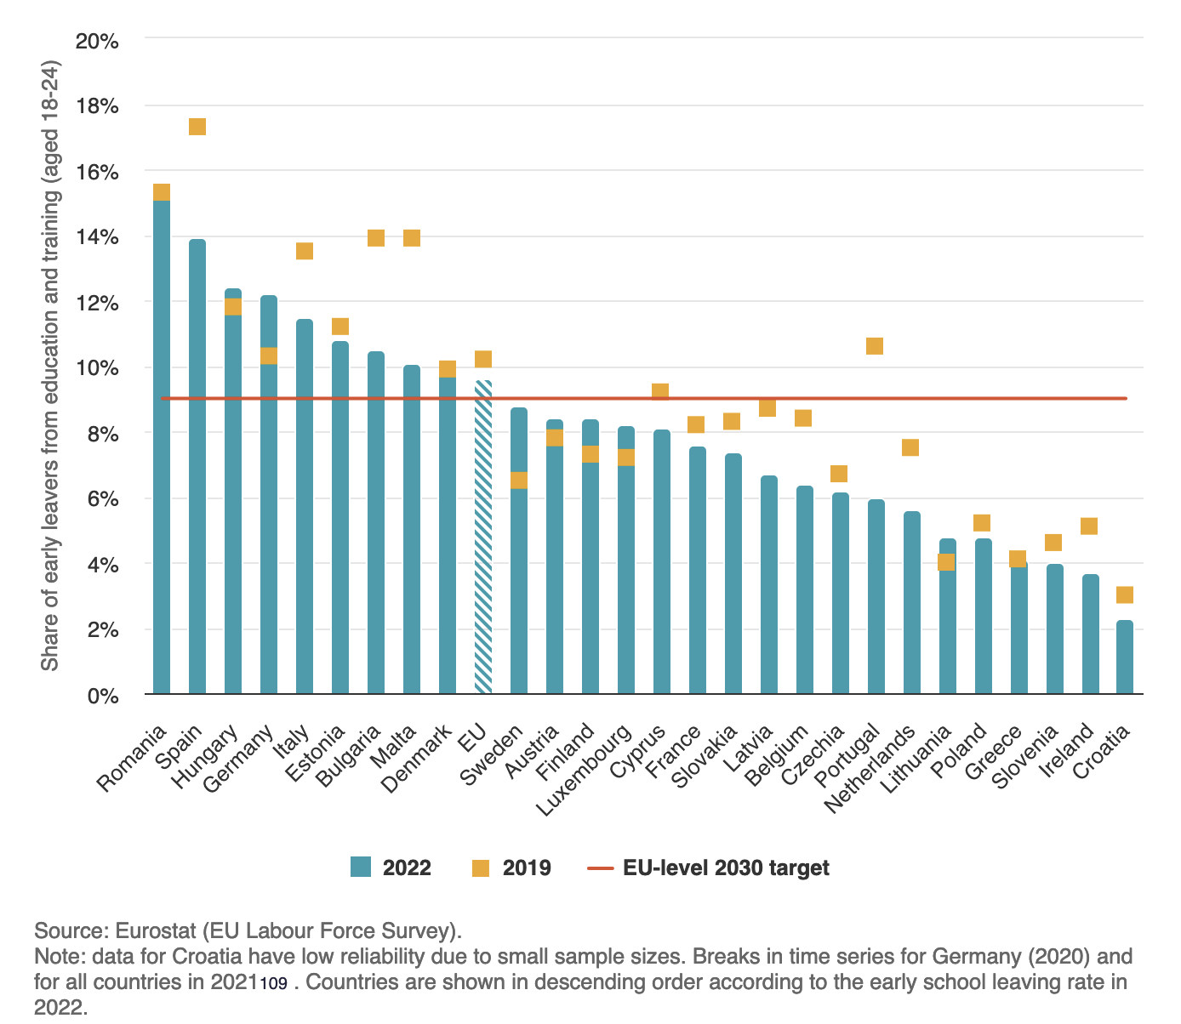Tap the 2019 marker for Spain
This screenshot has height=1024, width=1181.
tap(197, 127)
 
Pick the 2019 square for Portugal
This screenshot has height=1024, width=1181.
tap(875, 346)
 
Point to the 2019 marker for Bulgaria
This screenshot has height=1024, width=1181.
tap(376, 238)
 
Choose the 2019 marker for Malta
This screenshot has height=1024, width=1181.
tap(412, 238)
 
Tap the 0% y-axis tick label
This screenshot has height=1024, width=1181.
tap(101, 696)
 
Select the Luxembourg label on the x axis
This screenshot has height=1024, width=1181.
tap(587, 770)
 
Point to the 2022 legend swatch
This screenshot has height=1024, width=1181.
tap(361, 868)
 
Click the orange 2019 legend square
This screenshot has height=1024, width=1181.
tap(481, 868)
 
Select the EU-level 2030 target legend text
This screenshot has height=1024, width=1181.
tap(726, 868)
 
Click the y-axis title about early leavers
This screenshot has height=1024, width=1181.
tap(50, 366)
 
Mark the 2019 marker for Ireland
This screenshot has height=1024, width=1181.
tap(1089, 526)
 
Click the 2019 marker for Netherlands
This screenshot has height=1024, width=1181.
tap(910, 447)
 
